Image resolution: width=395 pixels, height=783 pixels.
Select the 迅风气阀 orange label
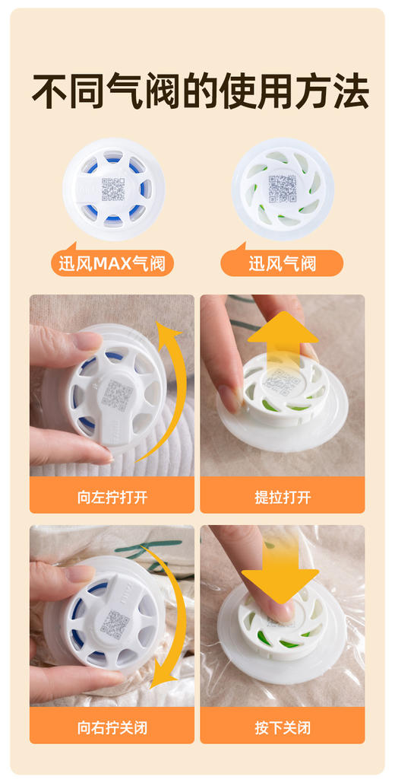tap(283, 264)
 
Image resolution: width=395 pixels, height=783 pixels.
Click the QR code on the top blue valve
tap(113, 189)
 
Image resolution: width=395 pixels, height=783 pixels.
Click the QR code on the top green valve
tap(283, 187)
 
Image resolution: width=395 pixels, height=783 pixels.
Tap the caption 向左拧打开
tap(112, 498)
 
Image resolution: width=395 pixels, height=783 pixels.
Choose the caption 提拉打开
tap(283, 498)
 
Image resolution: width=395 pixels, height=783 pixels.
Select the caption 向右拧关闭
tap(112, 727)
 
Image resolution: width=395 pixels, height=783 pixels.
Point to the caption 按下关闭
tap(283, 727)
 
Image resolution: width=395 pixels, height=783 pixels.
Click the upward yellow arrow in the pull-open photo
tap(283, 342)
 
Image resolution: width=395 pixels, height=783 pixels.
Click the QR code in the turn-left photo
tap(117, 396)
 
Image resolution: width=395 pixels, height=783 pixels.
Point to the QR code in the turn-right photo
tap(114, 624)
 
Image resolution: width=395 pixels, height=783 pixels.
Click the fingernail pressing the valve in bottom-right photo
tap(276, 610)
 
